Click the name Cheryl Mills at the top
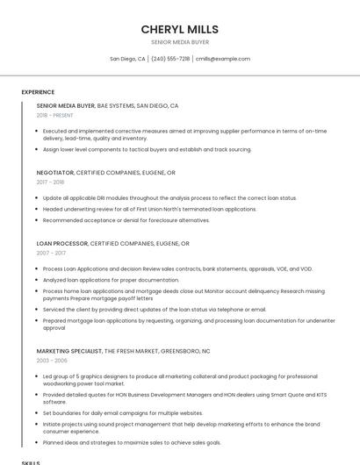pyautogui.click(x=180, y=29)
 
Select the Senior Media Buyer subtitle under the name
pyautogui.click(x=180, y=42)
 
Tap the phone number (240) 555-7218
pyautogui.click(x=170, y=59)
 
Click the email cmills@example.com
pyautogui.click(x=223, y=59)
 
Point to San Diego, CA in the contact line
pyautogui.click(x=127, y=59)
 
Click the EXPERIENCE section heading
pyautogui.click(x=38, y=92)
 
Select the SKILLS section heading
pyautogui.click(x=31, y=461)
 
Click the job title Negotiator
pyautogui.click(x=55, y=173)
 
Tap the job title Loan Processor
pyautogui.click(x=62, y=243)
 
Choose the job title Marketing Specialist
pyautogui.click(x=69, y=351)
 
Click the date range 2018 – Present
pyautogui.click(x=55, y=115)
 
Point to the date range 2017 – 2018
pyautogui.click(x=51, y=182)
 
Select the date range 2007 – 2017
pyautogui.click(x=51, y=253)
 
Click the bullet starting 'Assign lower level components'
pyautogui.click(x=147, y=149)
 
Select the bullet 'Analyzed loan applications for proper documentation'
pyautogui.click(x=111, y=280)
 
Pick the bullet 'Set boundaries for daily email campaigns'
pyautogui.click(x=123, y=412)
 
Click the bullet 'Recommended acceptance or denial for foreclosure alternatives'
pyautogui.click(x=138, y=219)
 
